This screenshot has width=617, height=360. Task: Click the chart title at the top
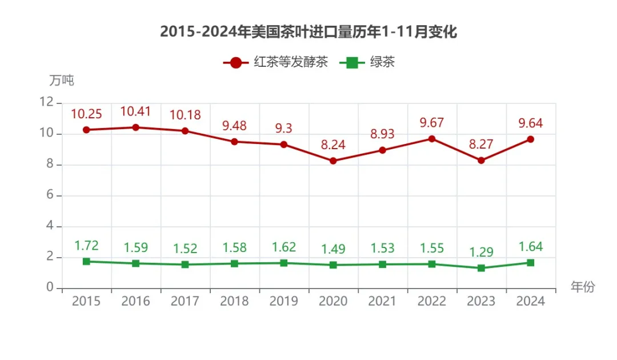tap(308, 32)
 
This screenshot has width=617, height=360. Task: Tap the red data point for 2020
tap(333, 161)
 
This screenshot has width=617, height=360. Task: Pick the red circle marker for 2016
tap(135, 127)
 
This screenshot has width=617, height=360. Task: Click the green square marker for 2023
tap(481, 268)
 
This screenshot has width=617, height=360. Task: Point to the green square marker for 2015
tap(86, 262)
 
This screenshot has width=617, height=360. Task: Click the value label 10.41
tap(135, 111)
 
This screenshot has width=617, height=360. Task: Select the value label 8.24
tap(333, 145)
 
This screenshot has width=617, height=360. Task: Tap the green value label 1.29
tap(481, 252)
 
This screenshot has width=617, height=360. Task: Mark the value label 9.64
tap(530, 123)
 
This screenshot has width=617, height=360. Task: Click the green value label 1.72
tap(86, 246)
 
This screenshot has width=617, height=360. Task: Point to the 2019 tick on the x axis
tap(283, 301)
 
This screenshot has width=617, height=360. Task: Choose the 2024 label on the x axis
tap(530, 301)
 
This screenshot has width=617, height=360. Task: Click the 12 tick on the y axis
tap(47, 102)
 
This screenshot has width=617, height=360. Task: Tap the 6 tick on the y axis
tap(50, 195)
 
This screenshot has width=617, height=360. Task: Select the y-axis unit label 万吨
tap(62, 81)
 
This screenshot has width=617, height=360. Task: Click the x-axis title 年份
tap(583, 287)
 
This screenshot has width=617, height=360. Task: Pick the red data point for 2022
tap(432, 139)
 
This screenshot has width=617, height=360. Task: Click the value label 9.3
tap(283, 128)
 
